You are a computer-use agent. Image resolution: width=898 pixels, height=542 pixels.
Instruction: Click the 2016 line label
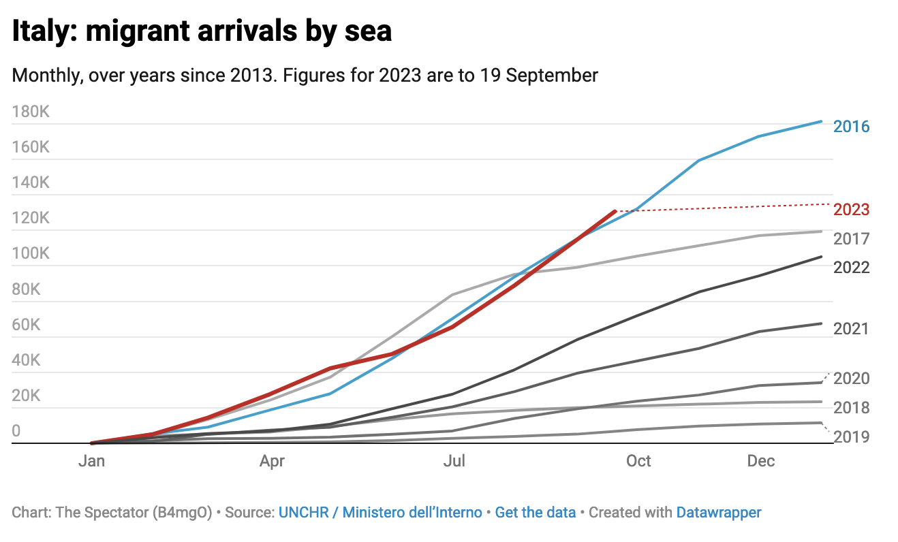[851, 127]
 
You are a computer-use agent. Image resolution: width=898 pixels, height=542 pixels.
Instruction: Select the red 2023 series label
[851, 210]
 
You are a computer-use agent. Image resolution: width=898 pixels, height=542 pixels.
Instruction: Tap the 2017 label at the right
[851, 239]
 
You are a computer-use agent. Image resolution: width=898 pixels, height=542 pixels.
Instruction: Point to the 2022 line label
[851, 268]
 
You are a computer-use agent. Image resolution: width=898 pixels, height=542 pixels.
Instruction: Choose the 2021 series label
[851, 329]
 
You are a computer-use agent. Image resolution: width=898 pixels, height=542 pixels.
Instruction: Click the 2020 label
[851, 379]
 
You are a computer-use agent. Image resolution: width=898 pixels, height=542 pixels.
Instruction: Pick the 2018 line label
[851, 409]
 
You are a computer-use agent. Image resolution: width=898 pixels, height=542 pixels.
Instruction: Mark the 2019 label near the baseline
[851, 436]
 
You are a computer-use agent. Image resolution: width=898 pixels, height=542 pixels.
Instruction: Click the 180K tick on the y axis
[31, 112]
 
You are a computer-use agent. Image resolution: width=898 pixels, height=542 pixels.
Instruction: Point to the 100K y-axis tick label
[31, 253]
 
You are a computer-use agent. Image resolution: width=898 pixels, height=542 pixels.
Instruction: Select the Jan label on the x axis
[91, 461]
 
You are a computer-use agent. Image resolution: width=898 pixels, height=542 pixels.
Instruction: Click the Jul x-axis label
[454, 461]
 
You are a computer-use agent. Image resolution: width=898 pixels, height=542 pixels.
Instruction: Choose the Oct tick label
[638, 461]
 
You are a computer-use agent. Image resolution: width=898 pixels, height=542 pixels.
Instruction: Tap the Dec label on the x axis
[761, 461]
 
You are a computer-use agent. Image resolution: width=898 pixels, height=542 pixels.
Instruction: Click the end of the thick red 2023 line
[615, 212]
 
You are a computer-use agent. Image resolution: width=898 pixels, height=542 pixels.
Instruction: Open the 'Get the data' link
[535, 512]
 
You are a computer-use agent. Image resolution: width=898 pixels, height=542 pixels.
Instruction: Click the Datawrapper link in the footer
[719, 512]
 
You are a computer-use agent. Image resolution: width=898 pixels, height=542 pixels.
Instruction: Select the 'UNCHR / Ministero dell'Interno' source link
[380, 512]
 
